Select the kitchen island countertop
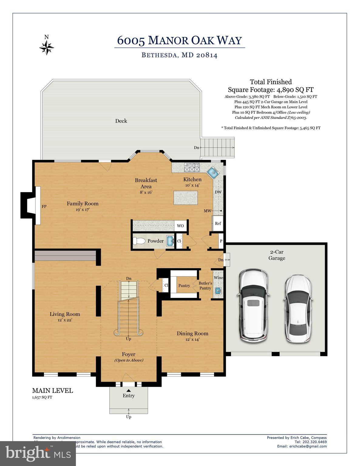click(185, 198)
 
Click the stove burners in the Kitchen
click(192, 166)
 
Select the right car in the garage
click(298, 309)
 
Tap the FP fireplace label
click(44, 207)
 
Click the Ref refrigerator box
click(218, 223)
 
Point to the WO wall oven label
click(180, 226)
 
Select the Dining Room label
click(192, 333)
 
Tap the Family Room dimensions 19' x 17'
click(83, 209)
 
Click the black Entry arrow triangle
click(128, 390)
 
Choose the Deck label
click(121, 121)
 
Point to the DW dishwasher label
click(218, 192)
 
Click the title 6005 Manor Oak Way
click(179, 40)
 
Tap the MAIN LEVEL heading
click(53, 390)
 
